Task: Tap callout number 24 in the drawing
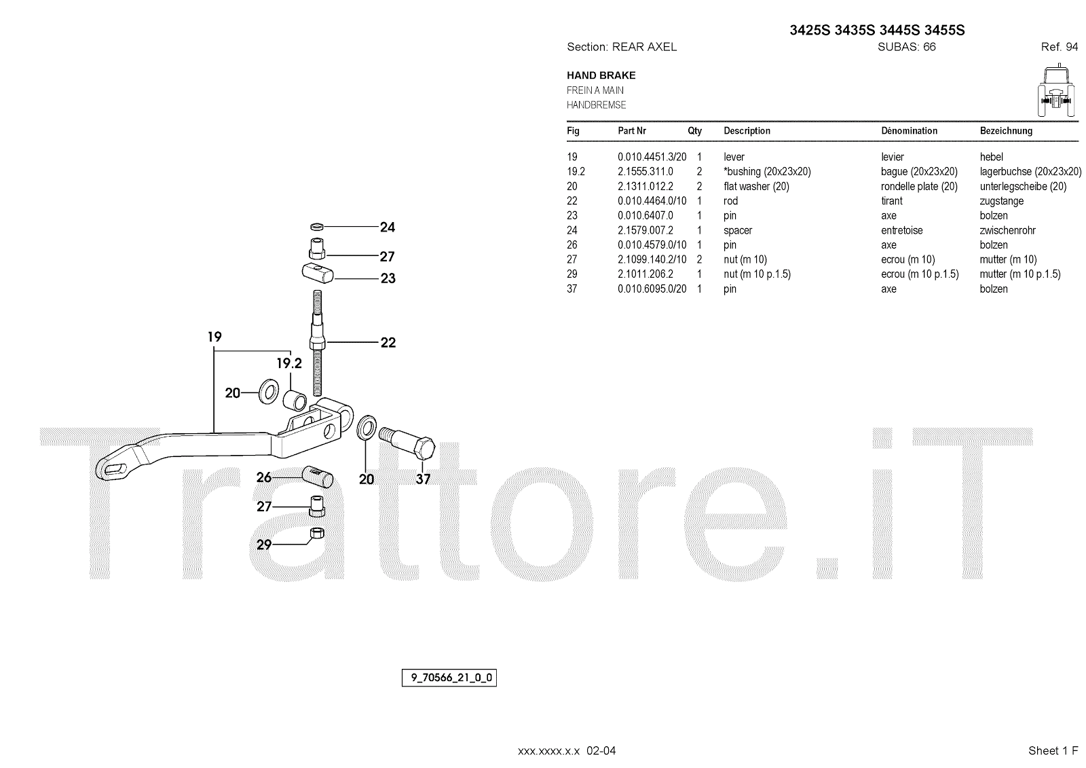(x=388, y=227)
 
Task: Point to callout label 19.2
(x=288, y=364)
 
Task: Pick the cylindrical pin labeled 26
(x=317, y=475)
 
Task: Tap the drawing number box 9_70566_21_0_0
(x=449, y=678)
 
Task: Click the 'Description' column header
(x=747, y=131)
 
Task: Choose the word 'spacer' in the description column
(x=738, y=230)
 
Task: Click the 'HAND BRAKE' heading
(x=601, y=75)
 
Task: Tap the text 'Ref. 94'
(x=1059, y=47)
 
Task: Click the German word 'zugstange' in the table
(x=1001, y=201)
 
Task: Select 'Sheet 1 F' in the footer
(x=1053, y=750)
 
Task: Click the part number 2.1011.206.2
(x=645, y=274)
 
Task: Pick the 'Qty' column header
(x=695, y=131)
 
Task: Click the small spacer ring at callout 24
(x=316, y=226)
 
